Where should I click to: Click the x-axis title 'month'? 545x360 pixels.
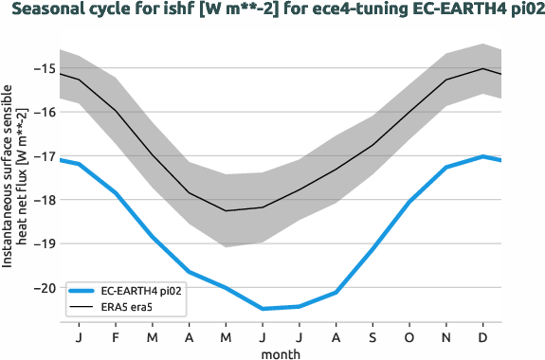click(x=282, y=352)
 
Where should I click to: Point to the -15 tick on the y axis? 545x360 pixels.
click(x=43, y=68)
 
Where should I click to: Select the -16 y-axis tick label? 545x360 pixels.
click(x=43, y=112)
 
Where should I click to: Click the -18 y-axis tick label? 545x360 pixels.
click(x=43, y=200)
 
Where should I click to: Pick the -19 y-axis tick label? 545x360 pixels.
click(x=43, y=243)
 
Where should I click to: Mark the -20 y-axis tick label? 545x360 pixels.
click(x=43, y=287)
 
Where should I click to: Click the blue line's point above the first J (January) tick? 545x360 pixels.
click(x=79, y=164)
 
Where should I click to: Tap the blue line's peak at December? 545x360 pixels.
click(x=483, y=156)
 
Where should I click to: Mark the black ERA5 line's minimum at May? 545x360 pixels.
click(x=226, y=210)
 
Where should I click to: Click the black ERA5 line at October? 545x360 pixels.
click(x=409, y=113)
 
